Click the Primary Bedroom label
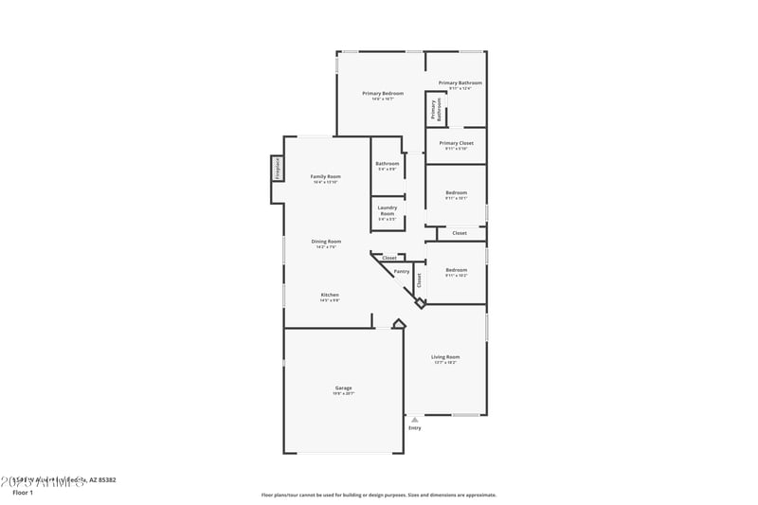coord(383,93)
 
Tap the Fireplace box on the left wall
coord(278,169)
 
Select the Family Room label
coord(326,176)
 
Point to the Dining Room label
coord(326,241)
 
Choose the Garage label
coord(343,388)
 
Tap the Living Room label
coord(445,356)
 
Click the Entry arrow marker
coord(414,419)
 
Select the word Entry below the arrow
coord(414,428)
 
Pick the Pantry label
coord(402,271)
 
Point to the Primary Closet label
coord(456,143)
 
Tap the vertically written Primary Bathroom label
coord(436,109)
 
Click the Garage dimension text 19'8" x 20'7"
coord(343,393)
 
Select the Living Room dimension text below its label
coord(445,362)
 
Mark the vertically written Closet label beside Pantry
coord(419,280)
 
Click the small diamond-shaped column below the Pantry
coord(420,303)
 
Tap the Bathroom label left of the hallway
coord(387,163)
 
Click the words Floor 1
coord(22,493)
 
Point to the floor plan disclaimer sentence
coord(378,495)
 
